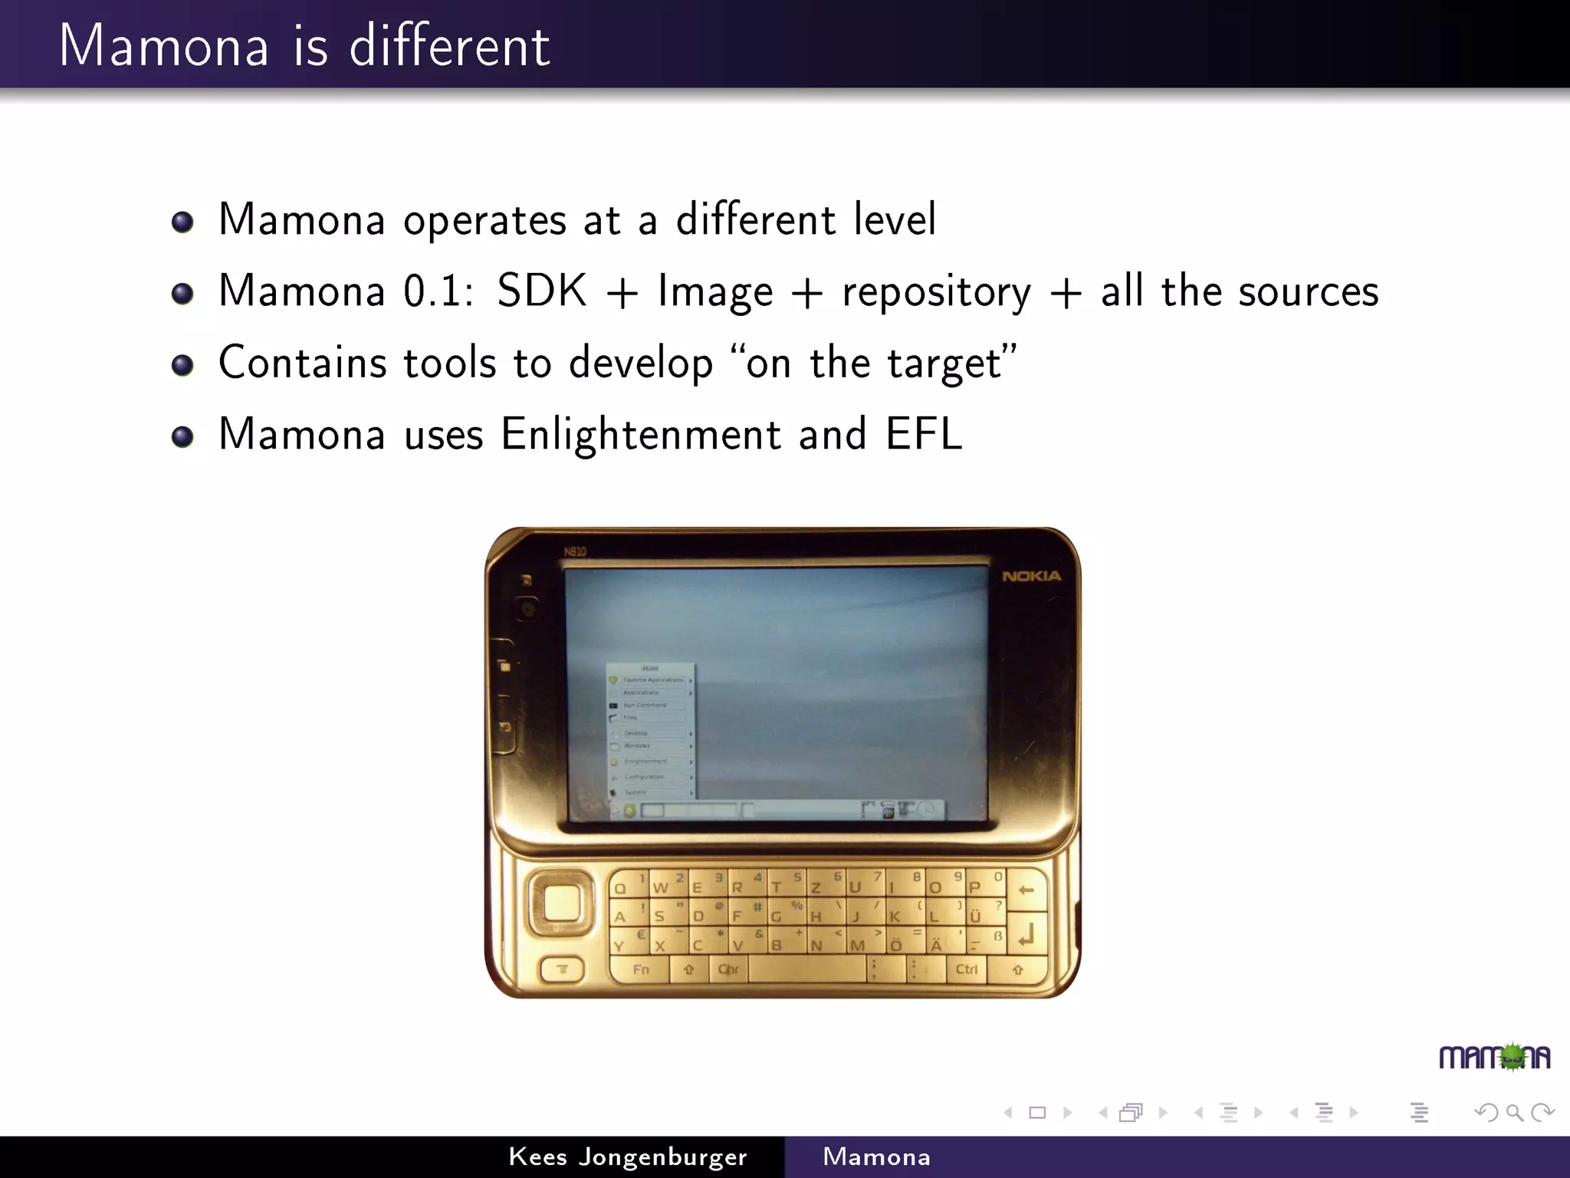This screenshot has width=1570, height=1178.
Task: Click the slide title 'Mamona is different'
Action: [304, 46]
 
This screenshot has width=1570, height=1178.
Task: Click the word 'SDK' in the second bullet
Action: [541, 291]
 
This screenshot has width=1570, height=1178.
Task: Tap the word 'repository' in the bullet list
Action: [936, 292]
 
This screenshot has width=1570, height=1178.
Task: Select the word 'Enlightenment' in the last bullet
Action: [641, 434]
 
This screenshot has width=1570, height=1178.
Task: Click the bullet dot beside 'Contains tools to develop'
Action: [182, 365]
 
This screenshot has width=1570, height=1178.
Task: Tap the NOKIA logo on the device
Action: [1031, 576]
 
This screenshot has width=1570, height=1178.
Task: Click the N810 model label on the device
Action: [575, 551]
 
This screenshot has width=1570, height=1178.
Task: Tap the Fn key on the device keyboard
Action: [641, 969]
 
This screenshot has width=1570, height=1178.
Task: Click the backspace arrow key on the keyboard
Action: [1026, 890]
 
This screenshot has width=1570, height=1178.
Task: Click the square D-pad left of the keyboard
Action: [561, 903]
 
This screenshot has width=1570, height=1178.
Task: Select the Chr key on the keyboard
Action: [728, 969]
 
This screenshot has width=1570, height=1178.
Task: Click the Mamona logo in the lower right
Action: [1494, 1057]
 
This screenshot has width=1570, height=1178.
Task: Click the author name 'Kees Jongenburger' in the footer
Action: [627, 1157]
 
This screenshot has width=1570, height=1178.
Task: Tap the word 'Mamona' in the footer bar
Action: [876, 1157]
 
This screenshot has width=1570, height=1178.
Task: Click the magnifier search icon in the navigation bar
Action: [1514, 1112]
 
